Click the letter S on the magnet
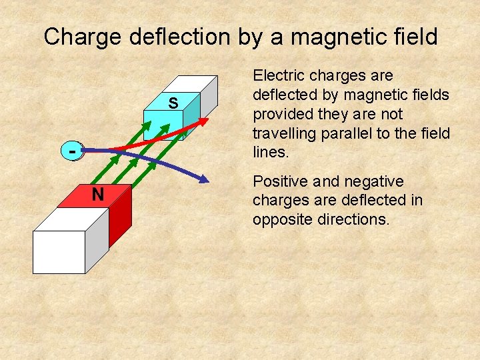pyautogui.click(x=173, y=103)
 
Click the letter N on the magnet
pyautogui.click(x=97, y=195)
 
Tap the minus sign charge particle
pyautogui.click(x=72, y=151)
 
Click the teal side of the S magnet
pyautogui.click(x=191, y=117)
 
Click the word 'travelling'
pyautogui.click(x=284, y=133)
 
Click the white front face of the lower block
pyautogui.click(x=59, y=252)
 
